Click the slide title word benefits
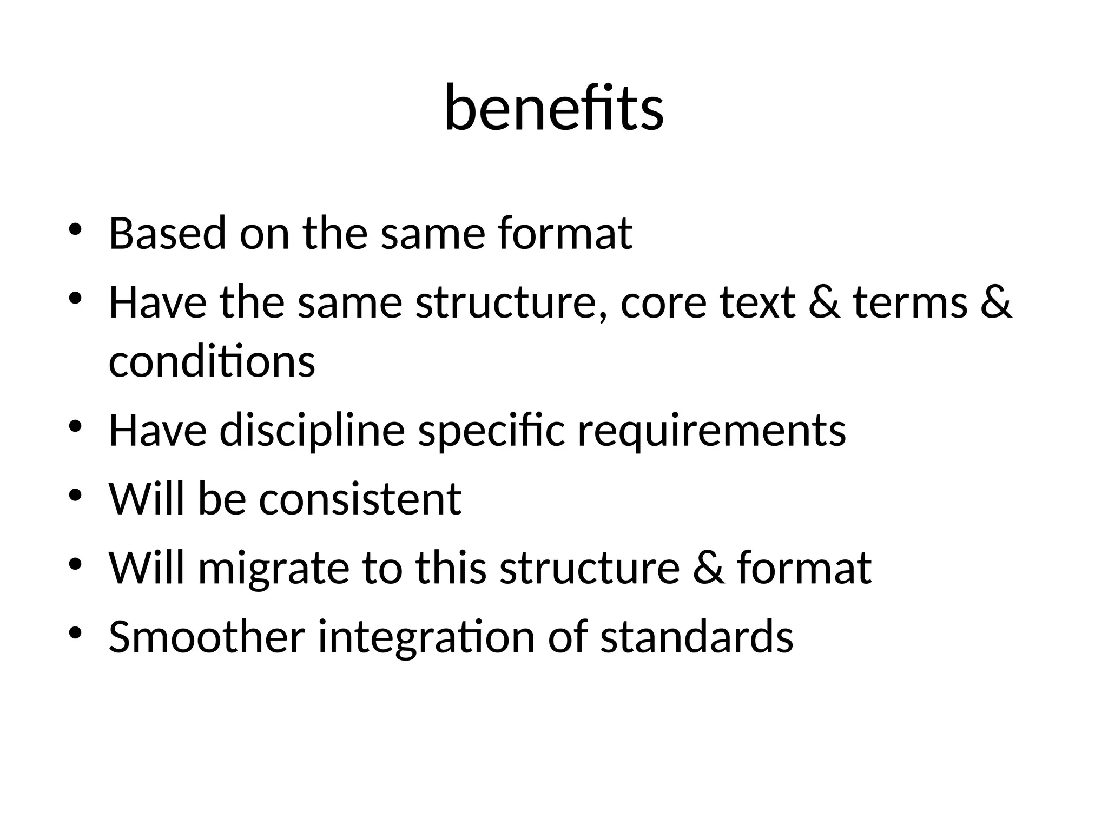pyautogui.click(x=553, y=109)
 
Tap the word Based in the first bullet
pyautogui.click(x=167, y=233)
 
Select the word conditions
pyautogui.click(x=212, y=362)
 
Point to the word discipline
pyautogui.click(x=312, y=431)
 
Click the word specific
pyautogui.click(x=491, y=431)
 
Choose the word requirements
pyautogui.click(x=711, y=431)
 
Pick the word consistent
pyautogui.click(x=360, y=498)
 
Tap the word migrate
pyautogui.click(x=273, y=568)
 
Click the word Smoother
pyautogui.click(x=207, y=636)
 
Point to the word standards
pyautogui.click(x=696, y=636)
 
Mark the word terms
pyautogui.click(x=911, y=302)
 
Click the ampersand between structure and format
pyautogui.click(x=708, y=568)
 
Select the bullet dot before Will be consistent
pyautogui.click(x=75, y=496)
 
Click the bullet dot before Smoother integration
pyautogui.click(x=75, y=632)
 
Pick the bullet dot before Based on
pyautogui.click(x=75, y=229)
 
